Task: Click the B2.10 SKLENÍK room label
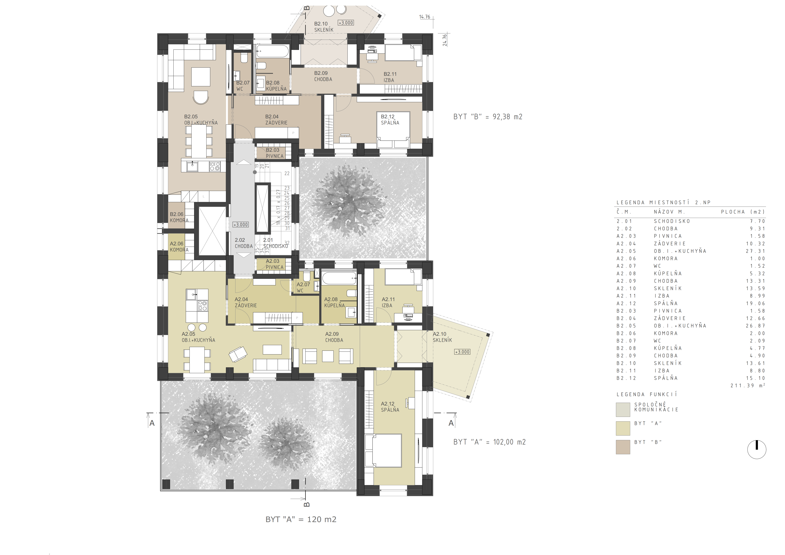click(323, 27)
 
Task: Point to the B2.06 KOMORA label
click(179, 217)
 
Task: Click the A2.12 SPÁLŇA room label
click(390, 407)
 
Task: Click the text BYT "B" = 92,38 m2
click(488, 117)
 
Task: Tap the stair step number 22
click(287, 173)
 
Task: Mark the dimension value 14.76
click(425, 17)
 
